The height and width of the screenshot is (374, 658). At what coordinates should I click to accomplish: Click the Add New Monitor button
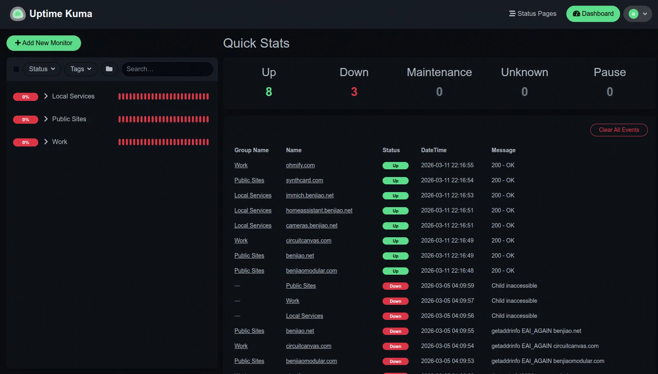44,43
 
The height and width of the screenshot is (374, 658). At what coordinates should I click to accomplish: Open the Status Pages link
533,14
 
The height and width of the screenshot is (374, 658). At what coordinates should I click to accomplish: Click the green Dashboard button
593,14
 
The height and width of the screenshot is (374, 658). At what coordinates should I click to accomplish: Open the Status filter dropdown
42,69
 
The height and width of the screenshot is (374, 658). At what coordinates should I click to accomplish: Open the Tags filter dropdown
81,69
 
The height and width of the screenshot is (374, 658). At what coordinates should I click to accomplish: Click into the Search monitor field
167,69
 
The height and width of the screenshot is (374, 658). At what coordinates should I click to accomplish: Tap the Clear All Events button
618,130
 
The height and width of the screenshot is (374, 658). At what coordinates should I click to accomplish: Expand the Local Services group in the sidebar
46,96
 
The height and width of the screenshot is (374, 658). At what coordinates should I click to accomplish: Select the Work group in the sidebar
59,142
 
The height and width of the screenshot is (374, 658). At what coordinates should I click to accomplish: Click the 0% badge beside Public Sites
26,120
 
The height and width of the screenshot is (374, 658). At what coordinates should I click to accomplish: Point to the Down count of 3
354,92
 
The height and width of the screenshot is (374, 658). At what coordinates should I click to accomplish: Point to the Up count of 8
269,92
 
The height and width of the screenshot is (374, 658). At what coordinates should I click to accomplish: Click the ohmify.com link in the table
300,165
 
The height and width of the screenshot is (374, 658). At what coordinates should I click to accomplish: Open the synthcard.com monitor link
304,180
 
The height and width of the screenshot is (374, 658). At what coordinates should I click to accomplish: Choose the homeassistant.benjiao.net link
319,210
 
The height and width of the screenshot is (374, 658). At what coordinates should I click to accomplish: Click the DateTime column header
434,150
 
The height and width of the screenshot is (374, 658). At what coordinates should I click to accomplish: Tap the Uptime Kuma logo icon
18,14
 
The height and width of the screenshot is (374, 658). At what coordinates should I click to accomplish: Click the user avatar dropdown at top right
638,14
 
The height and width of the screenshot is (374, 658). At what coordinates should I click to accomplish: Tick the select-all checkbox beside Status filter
16,69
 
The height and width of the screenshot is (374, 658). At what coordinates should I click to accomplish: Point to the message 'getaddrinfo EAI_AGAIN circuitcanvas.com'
545,346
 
